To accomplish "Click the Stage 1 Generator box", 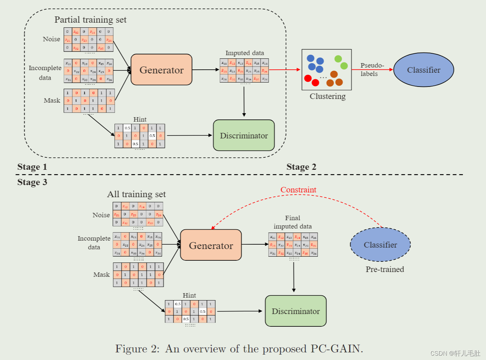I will [x=161, y=70].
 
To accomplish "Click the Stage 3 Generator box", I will [x=211, y=245].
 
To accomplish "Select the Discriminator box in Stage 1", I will [x=244, y=135].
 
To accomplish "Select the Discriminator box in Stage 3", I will [x=296, y=311].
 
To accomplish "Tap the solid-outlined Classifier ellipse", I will [x=424, y=70].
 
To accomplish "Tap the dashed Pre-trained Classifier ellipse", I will [x=380, y=245].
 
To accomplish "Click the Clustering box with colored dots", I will [x=327, y=70].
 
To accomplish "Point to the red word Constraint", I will [x=298, y=190].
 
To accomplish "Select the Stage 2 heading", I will [x=301, y=167].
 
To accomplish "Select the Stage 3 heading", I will [x=32, y=182].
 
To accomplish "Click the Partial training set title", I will [x=90, y=20].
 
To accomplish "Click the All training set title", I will [x=136, y=194].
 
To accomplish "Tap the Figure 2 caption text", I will [x=239, y=349].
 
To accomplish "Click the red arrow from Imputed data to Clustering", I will [x=285, y=69].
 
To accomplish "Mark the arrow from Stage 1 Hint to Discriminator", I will [x=189, y=135].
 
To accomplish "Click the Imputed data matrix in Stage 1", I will [x=244, y=70].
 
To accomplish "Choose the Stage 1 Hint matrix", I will [x=140, y=136].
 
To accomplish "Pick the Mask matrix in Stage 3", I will [x=138, y=275].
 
